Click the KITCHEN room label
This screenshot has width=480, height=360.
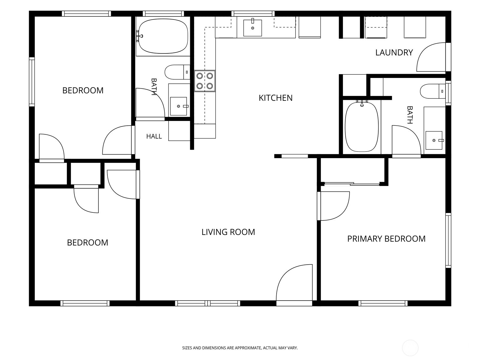click(275, 98)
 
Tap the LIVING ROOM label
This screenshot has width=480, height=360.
click(228, 232)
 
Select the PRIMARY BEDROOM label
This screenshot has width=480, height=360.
click(386, 239)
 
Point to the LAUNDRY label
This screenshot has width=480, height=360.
click(394, 52)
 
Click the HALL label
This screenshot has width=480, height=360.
click(154, 136)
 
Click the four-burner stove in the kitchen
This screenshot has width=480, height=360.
click(205, 81)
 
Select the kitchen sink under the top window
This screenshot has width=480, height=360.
click(253, 28)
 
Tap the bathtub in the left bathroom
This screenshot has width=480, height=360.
click(163, 36)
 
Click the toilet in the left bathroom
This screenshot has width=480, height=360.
click(177, 72)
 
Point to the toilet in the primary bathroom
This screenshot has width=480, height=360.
click(433, 91)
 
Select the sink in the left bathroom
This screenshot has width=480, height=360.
click(179, 106)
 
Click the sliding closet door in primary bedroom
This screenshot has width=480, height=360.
click(352, 184)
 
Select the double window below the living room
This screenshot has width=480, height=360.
click(208, 303)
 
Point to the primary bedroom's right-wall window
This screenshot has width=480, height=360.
click(448, 240)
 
